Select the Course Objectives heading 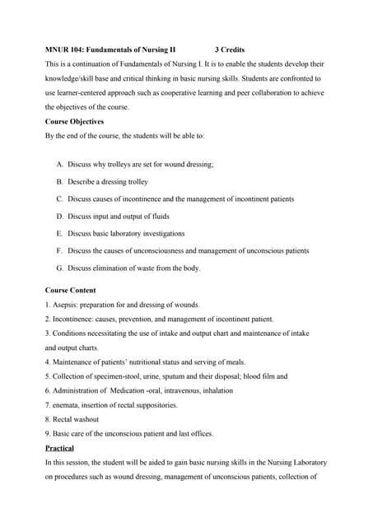coord(74,121)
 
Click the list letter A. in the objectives coord(60,165)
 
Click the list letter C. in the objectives coord(60,199)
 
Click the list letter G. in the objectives coord(60,268)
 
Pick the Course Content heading coord(70,291)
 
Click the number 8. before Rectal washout coord(48,419)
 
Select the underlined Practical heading coord(59,449)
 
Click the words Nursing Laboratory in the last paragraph coord(291,463)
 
